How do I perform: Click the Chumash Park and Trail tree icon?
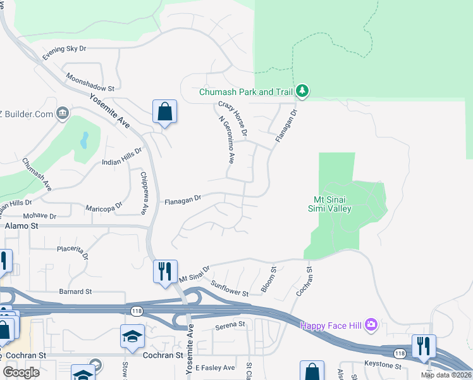(x=302, y=92)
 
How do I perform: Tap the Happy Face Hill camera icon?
(x=371, y=325)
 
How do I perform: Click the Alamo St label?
(x=22, y=225)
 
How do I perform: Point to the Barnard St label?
(x=75, y=292)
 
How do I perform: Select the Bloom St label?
(x=269, y=279)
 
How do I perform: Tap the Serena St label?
(x=230, y=325)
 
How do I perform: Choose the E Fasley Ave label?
(x=215, y=367)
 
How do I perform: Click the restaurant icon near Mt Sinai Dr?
(x=164, y=271)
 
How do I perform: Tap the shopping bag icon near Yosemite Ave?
(x=164, y=111)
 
